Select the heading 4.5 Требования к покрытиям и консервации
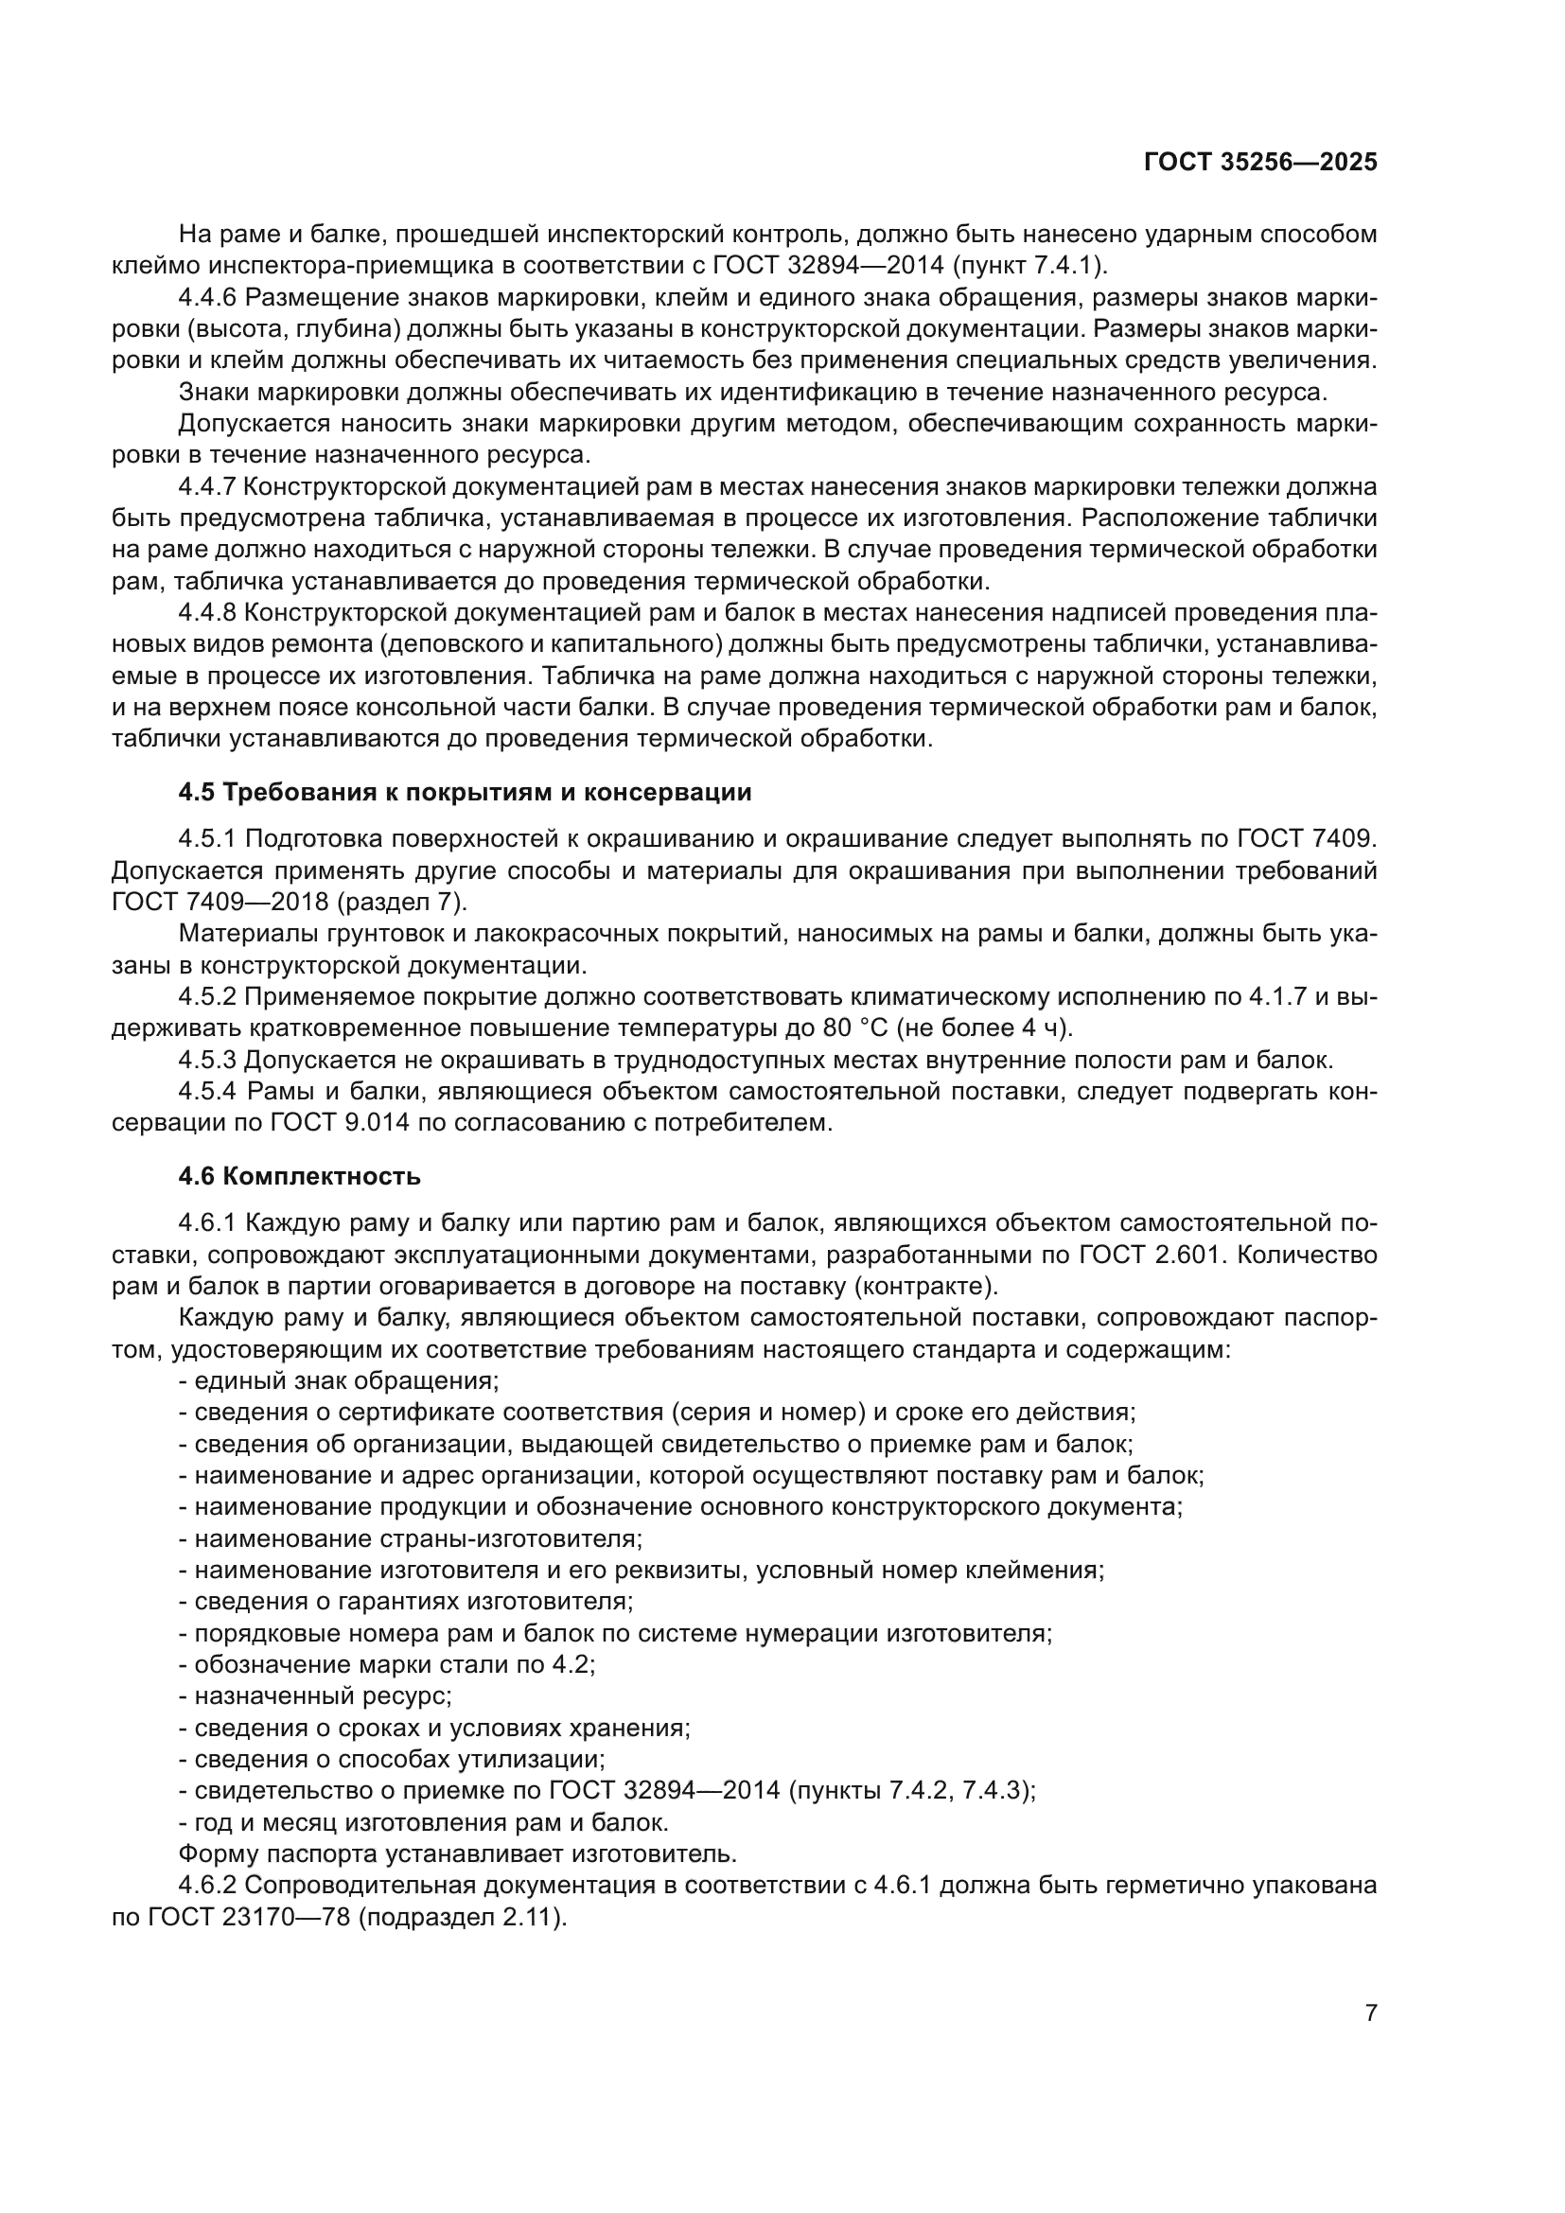click(x=465, y=792)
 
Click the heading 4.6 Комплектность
click(x=300, y=1176)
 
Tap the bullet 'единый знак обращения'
click(x=340, y=1380)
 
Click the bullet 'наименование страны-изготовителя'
click(x=411, y=1538)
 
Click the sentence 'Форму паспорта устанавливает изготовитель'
click(x=458, y=1853)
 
